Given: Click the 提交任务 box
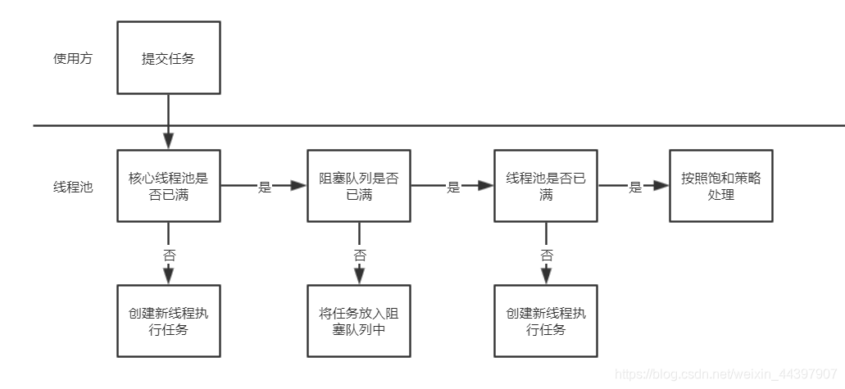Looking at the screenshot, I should pyautogui.click(x=168, y=58).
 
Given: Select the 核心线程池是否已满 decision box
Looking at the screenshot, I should pyautogui.click(x=168, y=186).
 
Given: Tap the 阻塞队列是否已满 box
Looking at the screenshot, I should pyautogui.click(x=358, y=186).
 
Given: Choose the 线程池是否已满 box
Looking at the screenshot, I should pyautogui.click(x=546, y=186).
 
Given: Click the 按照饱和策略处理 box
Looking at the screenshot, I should pyautogui.click(x=720, y=186).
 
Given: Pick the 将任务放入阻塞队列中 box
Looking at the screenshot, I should pyautogui.click(x=358, y=321).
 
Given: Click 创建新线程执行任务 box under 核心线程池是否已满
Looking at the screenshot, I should pyautogui.click(x=168, y=321).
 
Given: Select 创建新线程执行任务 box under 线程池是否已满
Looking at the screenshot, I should pyautogui.click(x=546, y=321).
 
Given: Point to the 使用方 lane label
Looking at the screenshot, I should pyautogui.click(x=72, y=59).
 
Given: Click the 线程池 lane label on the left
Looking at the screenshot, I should pyautogui.click(x=72, y=187).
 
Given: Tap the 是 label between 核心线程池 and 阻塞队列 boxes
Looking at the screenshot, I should pyautogui.click(x=264, y=187).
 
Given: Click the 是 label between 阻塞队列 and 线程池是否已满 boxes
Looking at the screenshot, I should pyautogui.click(x=452, y=187).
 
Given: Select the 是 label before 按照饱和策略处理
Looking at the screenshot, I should pyautogui.click(x=634, y=187).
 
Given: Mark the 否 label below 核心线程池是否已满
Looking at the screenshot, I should pyautogui.click(x=169, y=255).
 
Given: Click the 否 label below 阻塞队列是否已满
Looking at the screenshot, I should pyautogui.click(x=359, y=255).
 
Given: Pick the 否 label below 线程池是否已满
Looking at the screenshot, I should pyautogui.click(x=547, y=255).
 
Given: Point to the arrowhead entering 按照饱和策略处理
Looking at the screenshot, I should pyautogui.click(x=662, y=186).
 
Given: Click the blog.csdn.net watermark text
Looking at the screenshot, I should pyautogui.click(x=725, y=373).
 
